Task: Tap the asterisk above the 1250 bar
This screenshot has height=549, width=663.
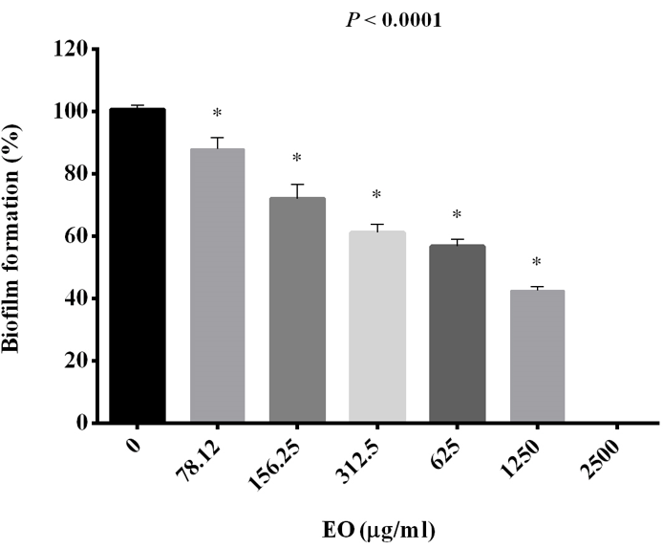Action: tap(537, 262)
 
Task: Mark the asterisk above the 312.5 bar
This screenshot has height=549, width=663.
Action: tap(376, 195)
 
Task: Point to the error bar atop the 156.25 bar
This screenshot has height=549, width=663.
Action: tap(297, 189)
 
